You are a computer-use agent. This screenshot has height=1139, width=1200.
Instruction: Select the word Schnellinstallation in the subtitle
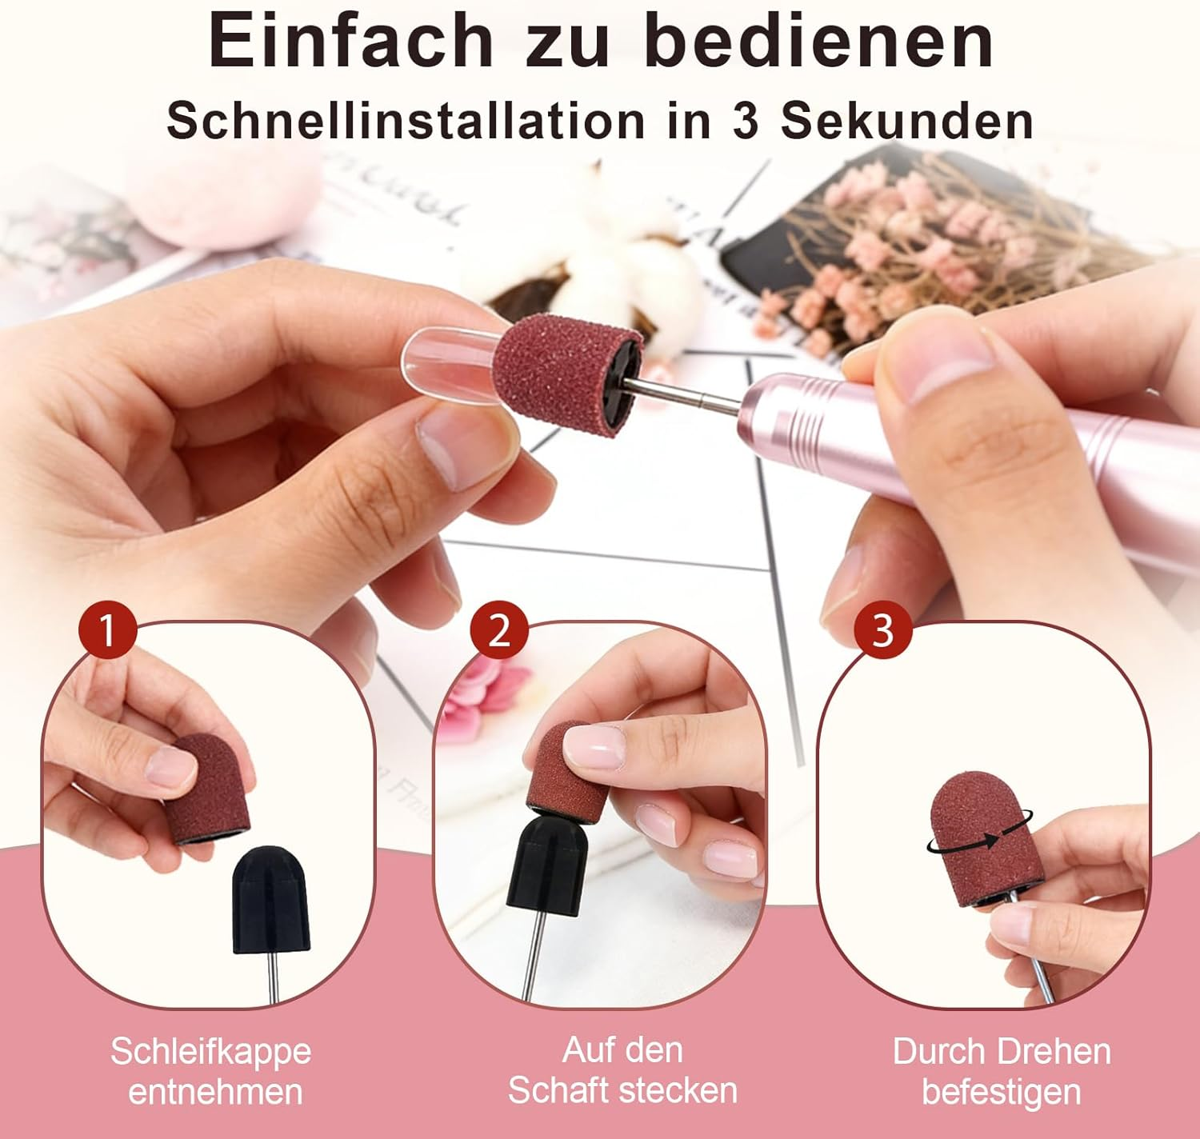click(406, 120)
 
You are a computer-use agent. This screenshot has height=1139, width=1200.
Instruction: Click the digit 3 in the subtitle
click(746, 121)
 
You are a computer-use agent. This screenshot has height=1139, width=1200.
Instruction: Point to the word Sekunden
click(907, 120)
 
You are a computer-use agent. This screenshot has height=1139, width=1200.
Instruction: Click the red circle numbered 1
click(107, 629)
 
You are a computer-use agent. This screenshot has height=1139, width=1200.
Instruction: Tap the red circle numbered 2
click(498, 629)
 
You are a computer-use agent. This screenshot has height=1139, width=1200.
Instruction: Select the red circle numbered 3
click(883, 629)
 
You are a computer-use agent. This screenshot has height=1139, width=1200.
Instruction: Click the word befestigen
click(1001, 1091)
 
